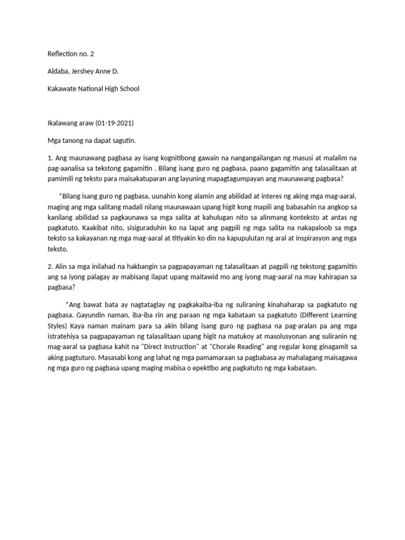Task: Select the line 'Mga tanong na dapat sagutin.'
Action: tap(92, 141)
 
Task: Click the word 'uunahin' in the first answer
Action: tap(164, 196)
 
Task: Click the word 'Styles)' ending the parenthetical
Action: tap(59, 327)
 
